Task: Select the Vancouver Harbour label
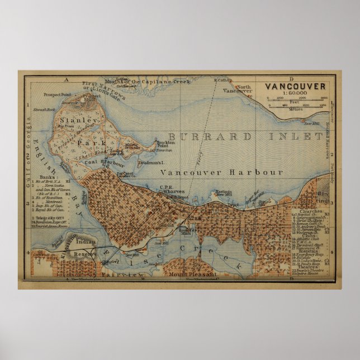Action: [221, 172]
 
